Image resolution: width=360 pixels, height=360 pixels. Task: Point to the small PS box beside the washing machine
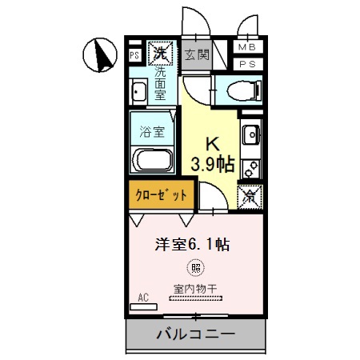tap(134, 57)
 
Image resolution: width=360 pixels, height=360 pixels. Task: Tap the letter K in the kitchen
tap(212, 145)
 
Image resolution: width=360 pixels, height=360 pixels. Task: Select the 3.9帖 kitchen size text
tap(212, 165)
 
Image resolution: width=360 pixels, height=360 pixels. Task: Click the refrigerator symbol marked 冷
tap(249, 194)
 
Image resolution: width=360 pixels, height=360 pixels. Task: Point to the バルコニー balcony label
tap(195, 334)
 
